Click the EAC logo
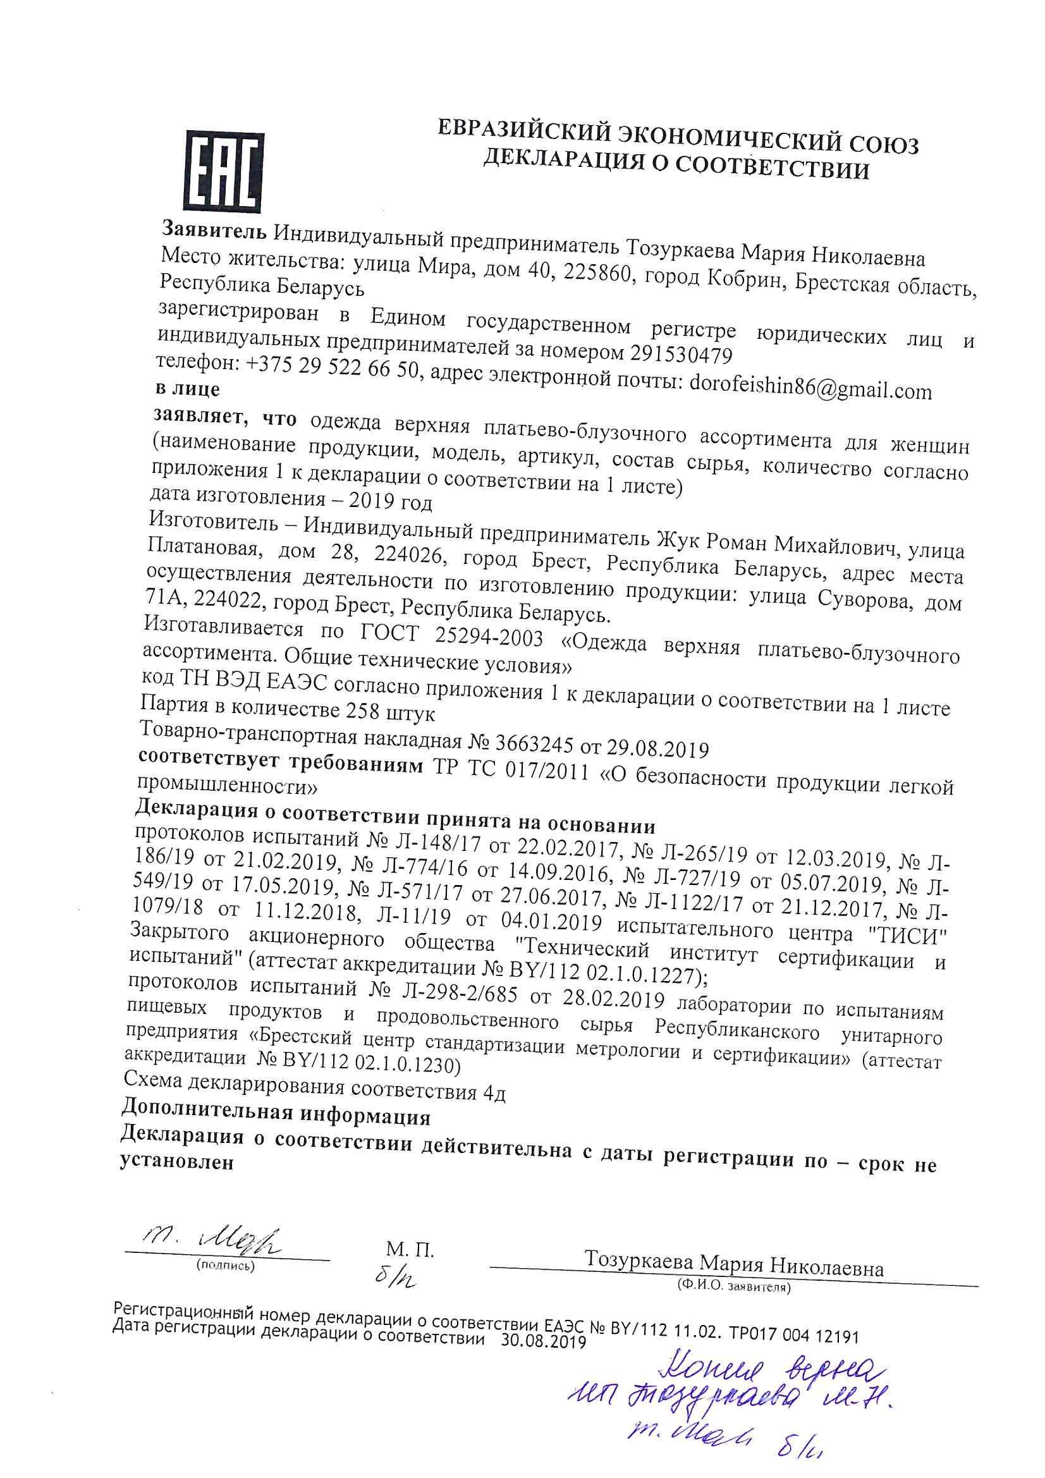click(x=224, y=171)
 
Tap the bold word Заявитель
click(x=213, y=229)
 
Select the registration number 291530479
click(x=681, y=354)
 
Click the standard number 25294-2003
click(x=489, y=637)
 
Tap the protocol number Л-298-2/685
click(x=460, y=992)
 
